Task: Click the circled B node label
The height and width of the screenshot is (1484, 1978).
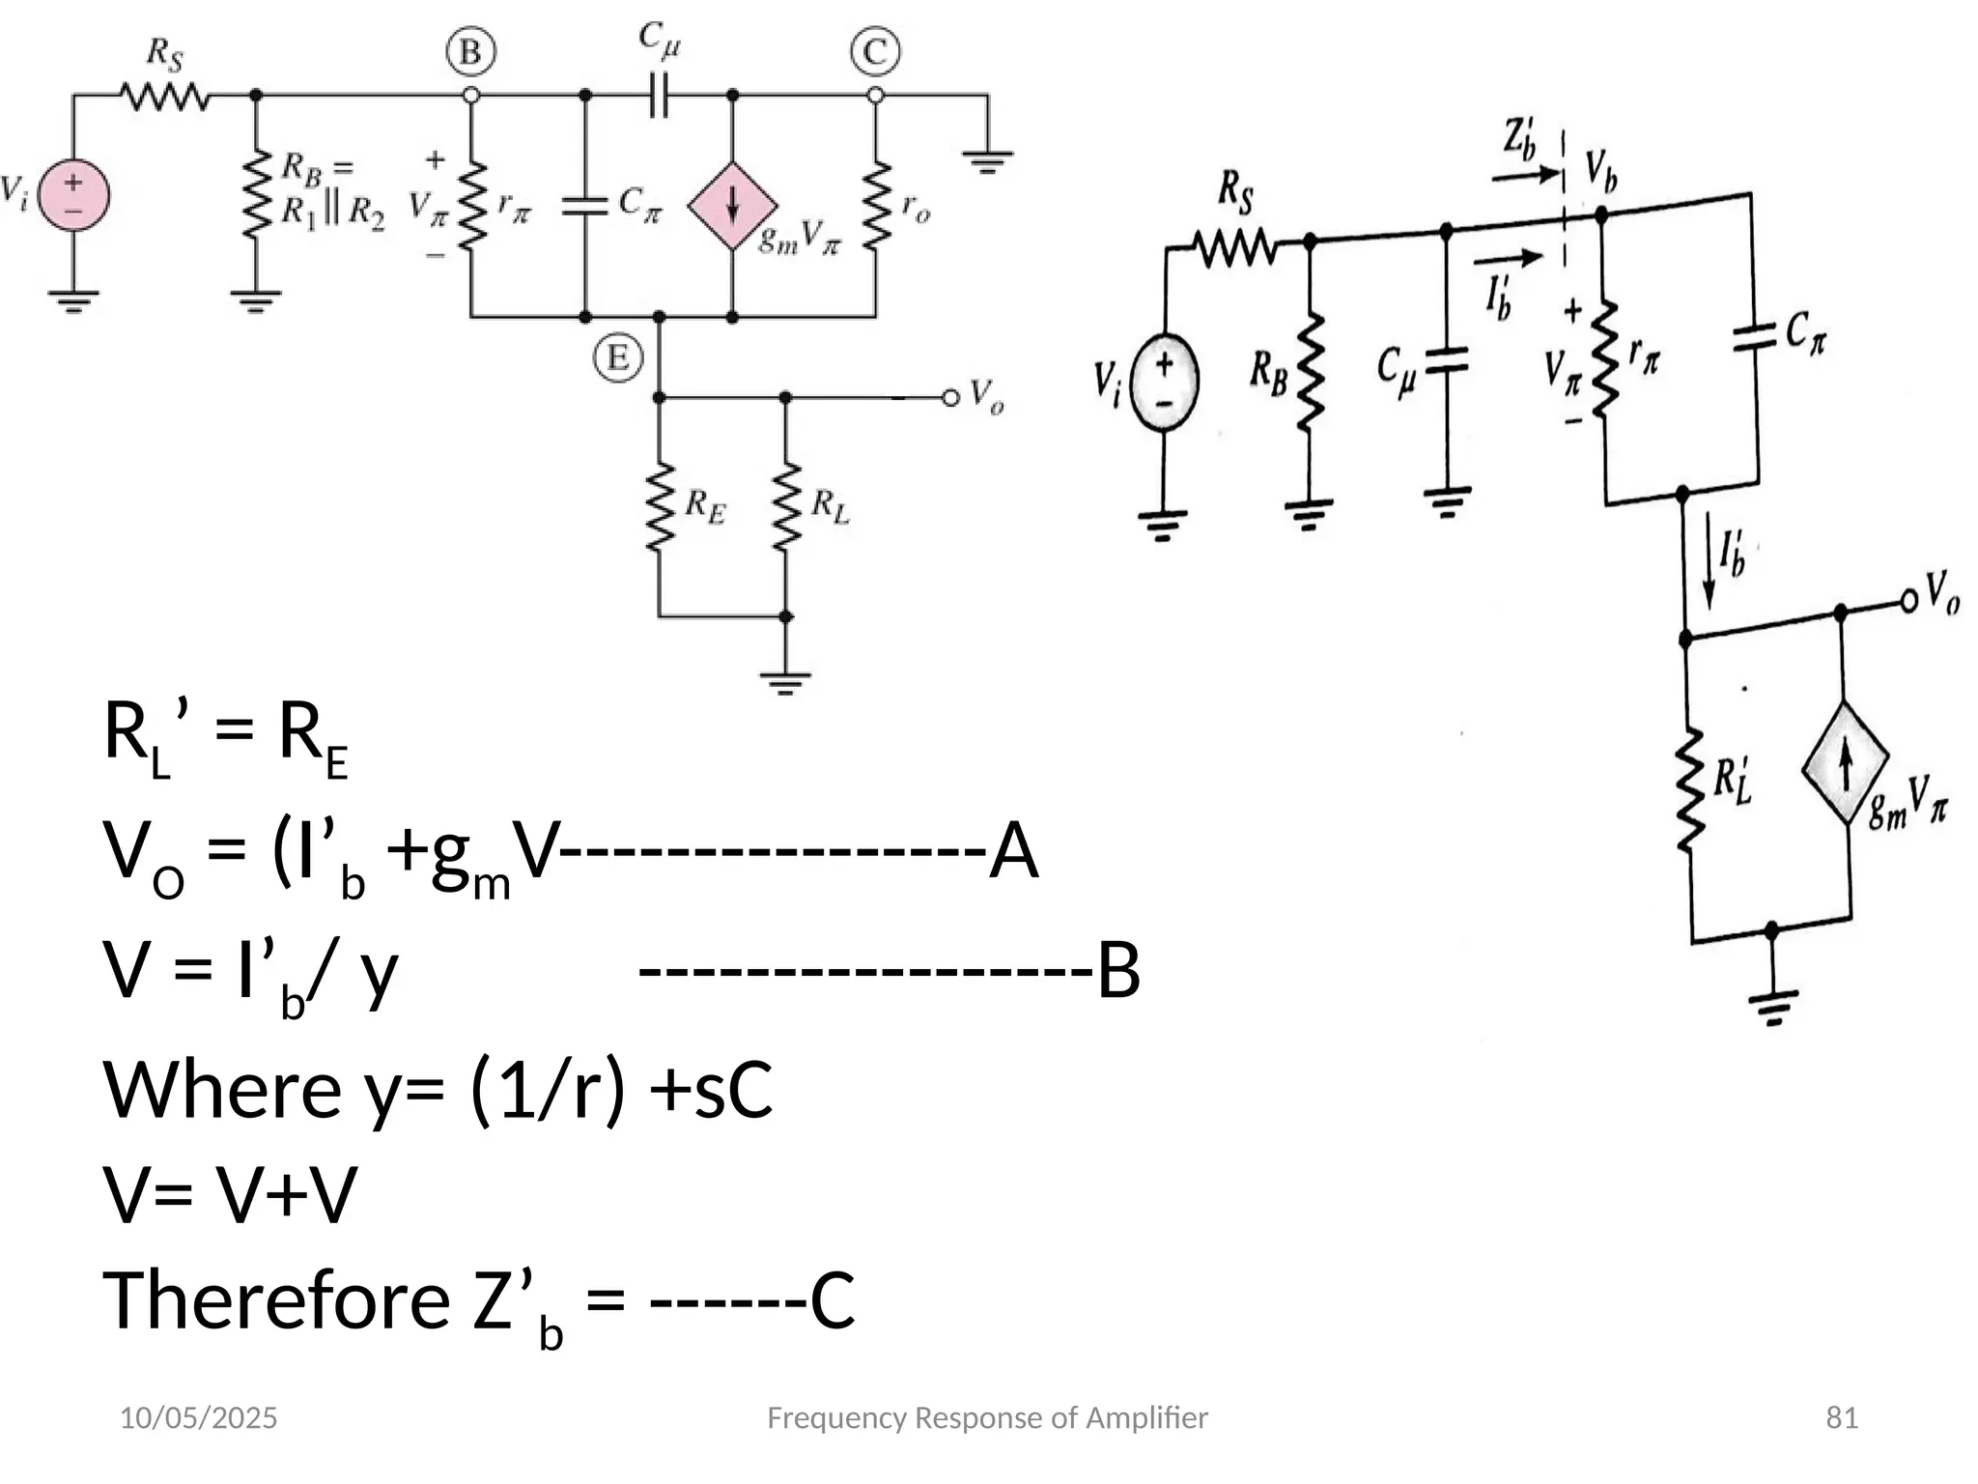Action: click(470, 52)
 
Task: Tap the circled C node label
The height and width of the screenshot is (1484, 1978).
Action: click(875, 52)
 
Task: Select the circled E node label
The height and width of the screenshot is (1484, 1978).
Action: click(618, 358)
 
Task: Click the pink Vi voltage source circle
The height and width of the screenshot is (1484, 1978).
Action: click(73, 194)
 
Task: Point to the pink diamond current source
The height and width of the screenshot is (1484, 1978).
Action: click(732, 206)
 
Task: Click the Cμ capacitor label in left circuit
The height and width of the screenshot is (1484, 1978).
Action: click(660, 40)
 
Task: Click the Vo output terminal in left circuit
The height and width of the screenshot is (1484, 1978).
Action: click(951, 397)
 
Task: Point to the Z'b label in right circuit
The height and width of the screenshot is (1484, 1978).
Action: click(1519, 138)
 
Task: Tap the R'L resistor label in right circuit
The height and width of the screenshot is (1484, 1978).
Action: click(1732, 781)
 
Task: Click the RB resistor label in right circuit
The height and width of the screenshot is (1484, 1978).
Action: click(1268, 373)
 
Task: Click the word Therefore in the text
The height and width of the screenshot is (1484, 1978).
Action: click(276, 1300)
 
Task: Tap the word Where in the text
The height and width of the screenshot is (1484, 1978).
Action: click(222, 1090)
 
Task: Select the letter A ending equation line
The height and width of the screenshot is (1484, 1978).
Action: click(1013, 851)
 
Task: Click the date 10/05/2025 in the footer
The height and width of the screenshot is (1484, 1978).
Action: click(198, 1417)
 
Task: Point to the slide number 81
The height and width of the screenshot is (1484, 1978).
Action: click(1841, 1417)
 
